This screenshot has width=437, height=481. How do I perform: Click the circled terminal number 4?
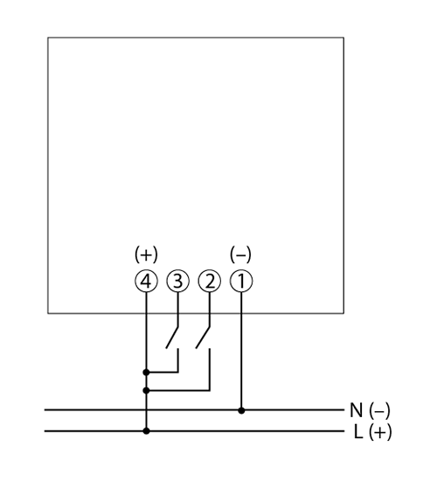[x=146, y=281]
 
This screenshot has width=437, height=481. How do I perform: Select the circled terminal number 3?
[x=178, y=281]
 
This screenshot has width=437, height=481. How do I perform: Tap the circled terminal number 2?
[x=210, y=281]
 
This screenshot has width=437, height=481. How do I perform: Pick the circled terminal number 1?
[x=241, y=281]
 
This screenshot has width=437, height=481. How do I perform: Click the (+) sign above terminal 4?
[x=146, y=254]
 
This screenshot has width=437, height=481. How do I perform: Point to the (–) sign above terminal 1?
[x=240, y=254]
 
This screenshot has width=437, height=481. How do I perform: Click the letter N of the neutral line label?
[x=356, y=410]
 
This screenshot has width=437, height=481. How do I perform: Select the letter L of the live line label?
[x=358, y=432]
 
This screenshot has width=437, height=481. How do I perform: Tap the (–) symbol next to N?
[x=379, y=410]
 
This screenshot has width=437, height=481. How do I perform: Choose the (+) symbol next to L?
[x=380, y=432]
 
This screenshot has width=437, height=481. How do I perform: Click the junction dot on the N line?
[x=241, y=410]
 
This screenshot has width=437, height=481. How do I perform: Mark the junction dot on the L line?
[x=146, y=431]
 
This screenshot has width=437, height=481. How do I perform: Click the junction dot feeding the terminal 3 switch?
[x=146, y=373]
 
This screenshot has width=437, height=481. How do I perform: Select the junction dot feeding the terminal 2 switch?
[x=146, y=391]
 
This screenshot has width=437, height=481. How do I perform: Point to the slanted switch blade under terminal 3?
[x=172, y=337]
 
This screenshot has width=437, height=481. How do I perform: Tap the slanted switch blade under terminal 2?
[x=203, y=337]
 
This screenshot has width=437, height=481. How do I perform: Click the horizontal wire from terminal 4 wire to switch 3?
[x=163, y=373]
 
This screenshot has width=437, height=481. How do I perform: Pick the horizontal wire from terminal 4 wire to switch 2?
[x=178, y=391]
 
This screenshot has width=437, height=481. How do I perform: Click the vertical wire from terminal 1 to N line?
[x=241, y=352]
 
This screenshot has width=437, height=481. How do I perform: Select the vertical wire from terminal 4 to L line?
[x=146, y=362]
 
